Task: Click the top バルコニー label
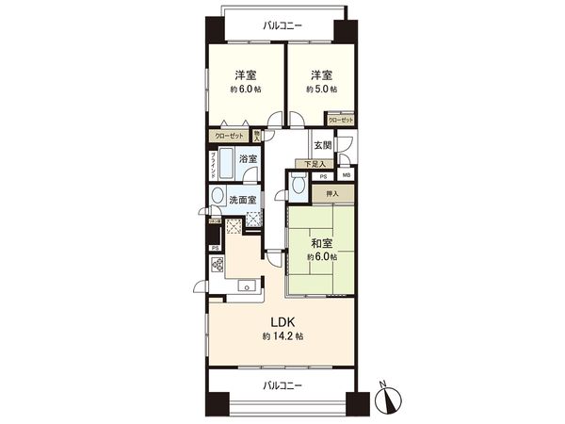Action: point(282,25)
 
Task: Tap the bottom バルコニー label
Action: point(282,384)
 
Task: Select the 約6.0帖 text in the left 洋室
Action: point(244,90)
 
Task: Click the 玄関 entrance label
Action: point(322,145)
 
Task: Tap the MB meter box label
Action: point(346,176)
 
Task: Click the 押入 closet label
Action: point(331,194)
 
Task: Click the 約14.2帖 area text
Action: point(282,336)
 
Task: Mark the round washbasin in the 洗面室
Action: point(218,198)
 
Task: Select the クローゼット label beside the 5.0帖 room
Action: point(341,120)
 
